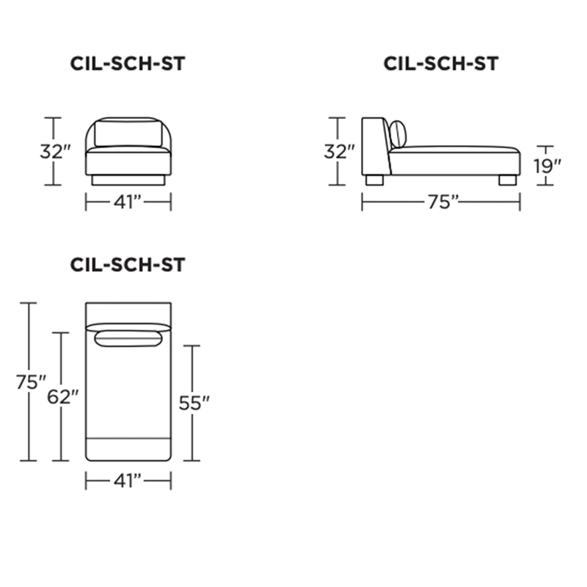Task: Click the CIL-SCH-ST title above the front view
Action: pyautogui.click(x=128, y=64)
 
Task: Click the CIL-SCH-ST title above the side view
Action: pyautogui.click(x=441, y=64)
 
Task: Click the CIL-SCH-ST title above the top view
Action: pyautogui.click(x=128, y=265)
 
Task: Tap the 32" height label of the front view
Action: pyautogui.click(x=56, y=152)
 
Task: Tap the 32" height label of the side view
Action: pyautogui.click(x=339, y=152)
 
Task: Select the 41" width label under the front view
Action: pyautogui.click(x=128, y=203)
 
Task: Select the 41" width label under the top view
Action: pyautogui.click(x=128, y=481)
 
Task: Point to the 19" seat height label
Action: pyautogui.click(x=547, y=167)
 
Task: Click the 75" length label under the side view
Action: pyautogui.click(x=443, y=203)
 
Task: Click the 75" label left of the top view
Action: pyautogui.click(x=31, y=382)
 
